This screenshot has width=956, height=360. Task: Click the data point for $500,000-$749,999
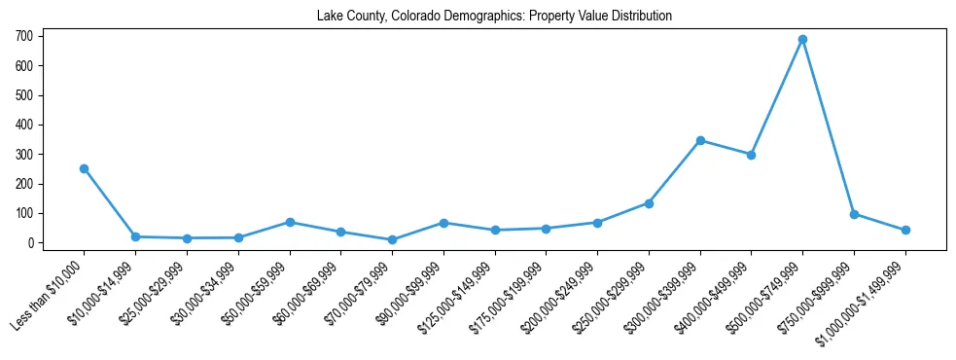pyautogui.click(x=802, y=40)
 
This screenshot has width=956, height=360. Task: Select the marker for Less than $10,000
pyautogui.click(x=84, y=168)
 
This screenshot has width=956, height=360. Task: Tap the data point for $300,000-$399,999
pyautogui.click(x=700, y=140)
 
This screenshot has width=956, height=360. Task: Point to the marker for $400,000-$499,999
pyautogui.click(x=751, y=155)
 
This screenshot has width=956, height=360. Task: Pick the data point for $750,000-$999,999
pyautogui.click(x=854, y=214)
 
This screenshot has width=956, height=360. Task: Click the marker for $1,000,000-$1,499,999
pyautogui.click(x=905, y=231)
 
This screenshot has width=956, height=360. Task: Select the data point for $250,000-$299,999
pyautogui.click(x=649, y=203)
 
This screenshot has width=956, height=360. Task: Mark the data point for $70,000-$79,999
pyautogui.click(x=392, y=239)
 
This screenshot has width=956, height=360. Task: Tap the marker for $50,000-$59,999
pyautogui.click(x=289, y=222)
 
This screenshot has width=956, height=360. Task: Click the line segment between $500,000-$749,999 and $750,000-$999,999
pyautogui.click(x=828, y=126)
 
